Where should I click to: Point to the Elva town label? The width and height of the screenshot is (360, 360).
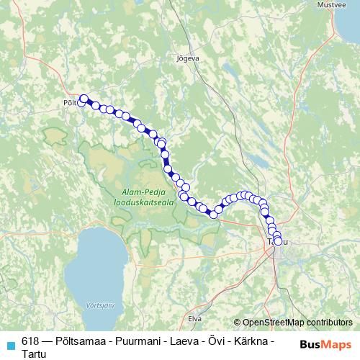194,317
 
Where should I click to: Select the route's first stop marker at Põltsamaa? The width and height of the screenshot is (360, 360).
84,99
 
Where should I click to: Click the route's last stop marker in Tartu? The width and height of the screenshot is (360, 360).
278,240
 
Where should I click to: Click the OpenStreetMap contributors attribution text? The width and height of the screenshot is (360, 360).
297,323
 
